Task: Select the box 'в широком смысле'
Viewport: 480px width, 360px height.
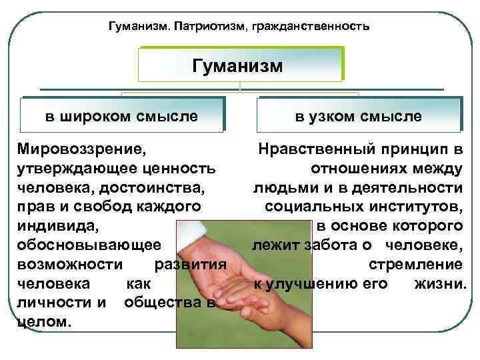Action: point(121,116)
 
